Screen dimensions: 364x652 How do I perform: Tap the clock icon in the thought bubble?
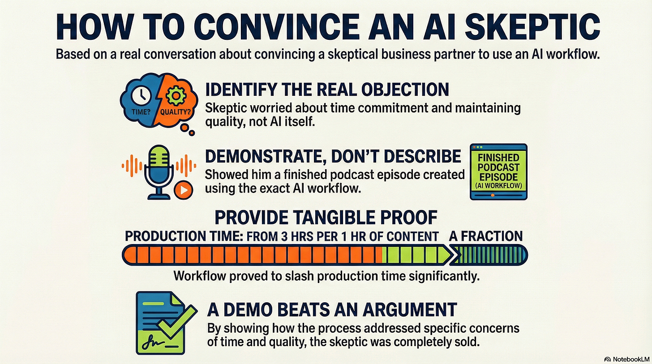pyautogui.click(x=142, y=94)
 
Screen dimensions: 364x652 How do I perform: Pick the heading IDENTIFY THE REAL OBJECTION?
pyautogui.click(x=327, y=90)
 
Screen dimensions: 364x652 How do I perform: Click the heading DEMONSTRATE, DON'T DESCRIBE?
pyautogui.click(x=333, y=156)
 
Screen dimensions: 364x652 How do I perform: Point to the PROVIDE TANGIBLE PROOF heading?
pyautogui.click(x=326, y=217)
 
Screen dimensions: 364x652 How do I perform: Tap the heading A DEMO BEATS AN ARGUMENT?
pyautogui.click(x=332, y=309)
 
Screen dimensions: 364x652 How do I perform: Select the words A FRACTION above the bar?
pyautogui.click(x=486, y=236)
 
